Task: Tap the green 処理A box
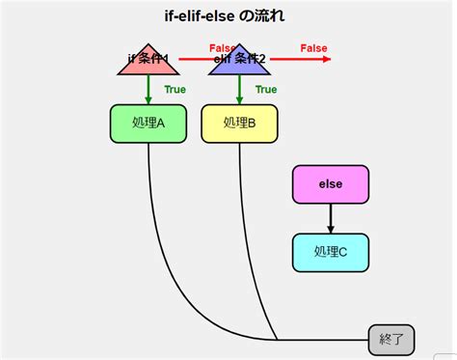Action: tap(148, 123)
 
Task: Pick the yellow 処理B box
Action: tap(239, 123)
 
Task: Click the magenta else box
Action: tap(330, 183)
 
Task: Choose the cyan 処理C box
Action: tap(330, 251)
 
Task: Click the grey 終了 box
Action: tap(391, 340)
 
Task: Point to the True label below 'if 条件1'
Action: tap(175, 90)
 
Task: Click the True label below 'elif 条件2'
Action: tap(266, 90)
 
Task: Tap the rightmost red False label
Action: tap(313, 48)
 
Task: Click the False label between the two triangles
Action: tap(223, 48)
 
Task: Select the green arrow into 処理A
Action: tap(148, 91)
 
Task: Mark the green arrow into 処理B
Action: tap(239, 91)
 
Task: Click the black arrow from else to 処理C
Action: tap(330, 218)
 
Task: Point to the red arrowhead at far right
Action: tap(327, 60)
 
